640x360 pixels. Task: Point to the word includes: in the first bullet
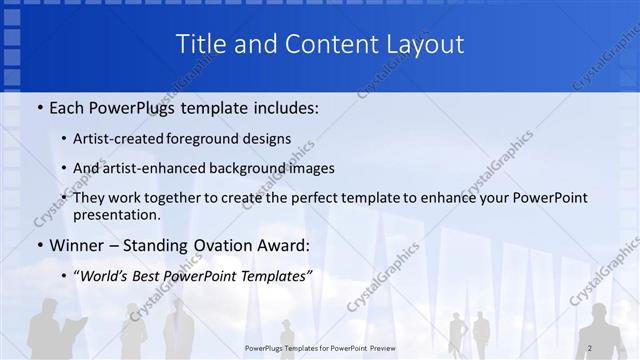[283, 107]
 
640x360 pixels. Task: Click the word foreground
[207, 138]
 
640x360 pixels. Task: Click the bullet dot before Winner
[39, 245]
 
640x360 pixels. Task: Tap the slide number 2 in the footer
[590, 348]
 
